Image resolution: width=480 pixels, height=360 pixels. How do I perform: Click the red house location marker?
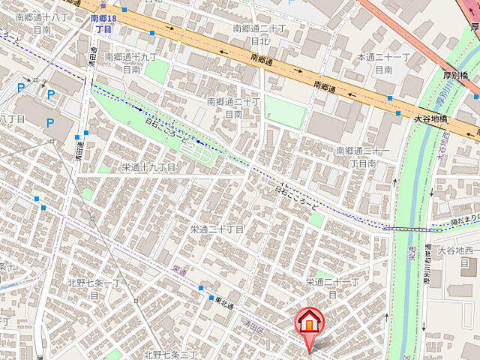[308, 322]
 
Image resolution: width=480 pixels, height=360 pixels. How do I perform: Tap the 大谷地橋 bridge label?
[432, 118]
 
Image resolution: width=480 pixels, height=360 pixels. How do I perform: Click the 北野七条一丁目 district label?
[94, 288]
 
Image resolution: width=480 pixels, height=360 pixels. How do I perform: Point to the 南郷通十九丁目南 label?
[131, 62]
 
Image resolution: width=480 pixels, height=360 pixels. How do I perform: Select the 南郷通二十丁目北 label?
[259, 34]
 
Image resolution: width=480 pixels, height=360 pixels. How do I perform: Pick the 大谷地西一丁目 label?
[458, 256]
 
